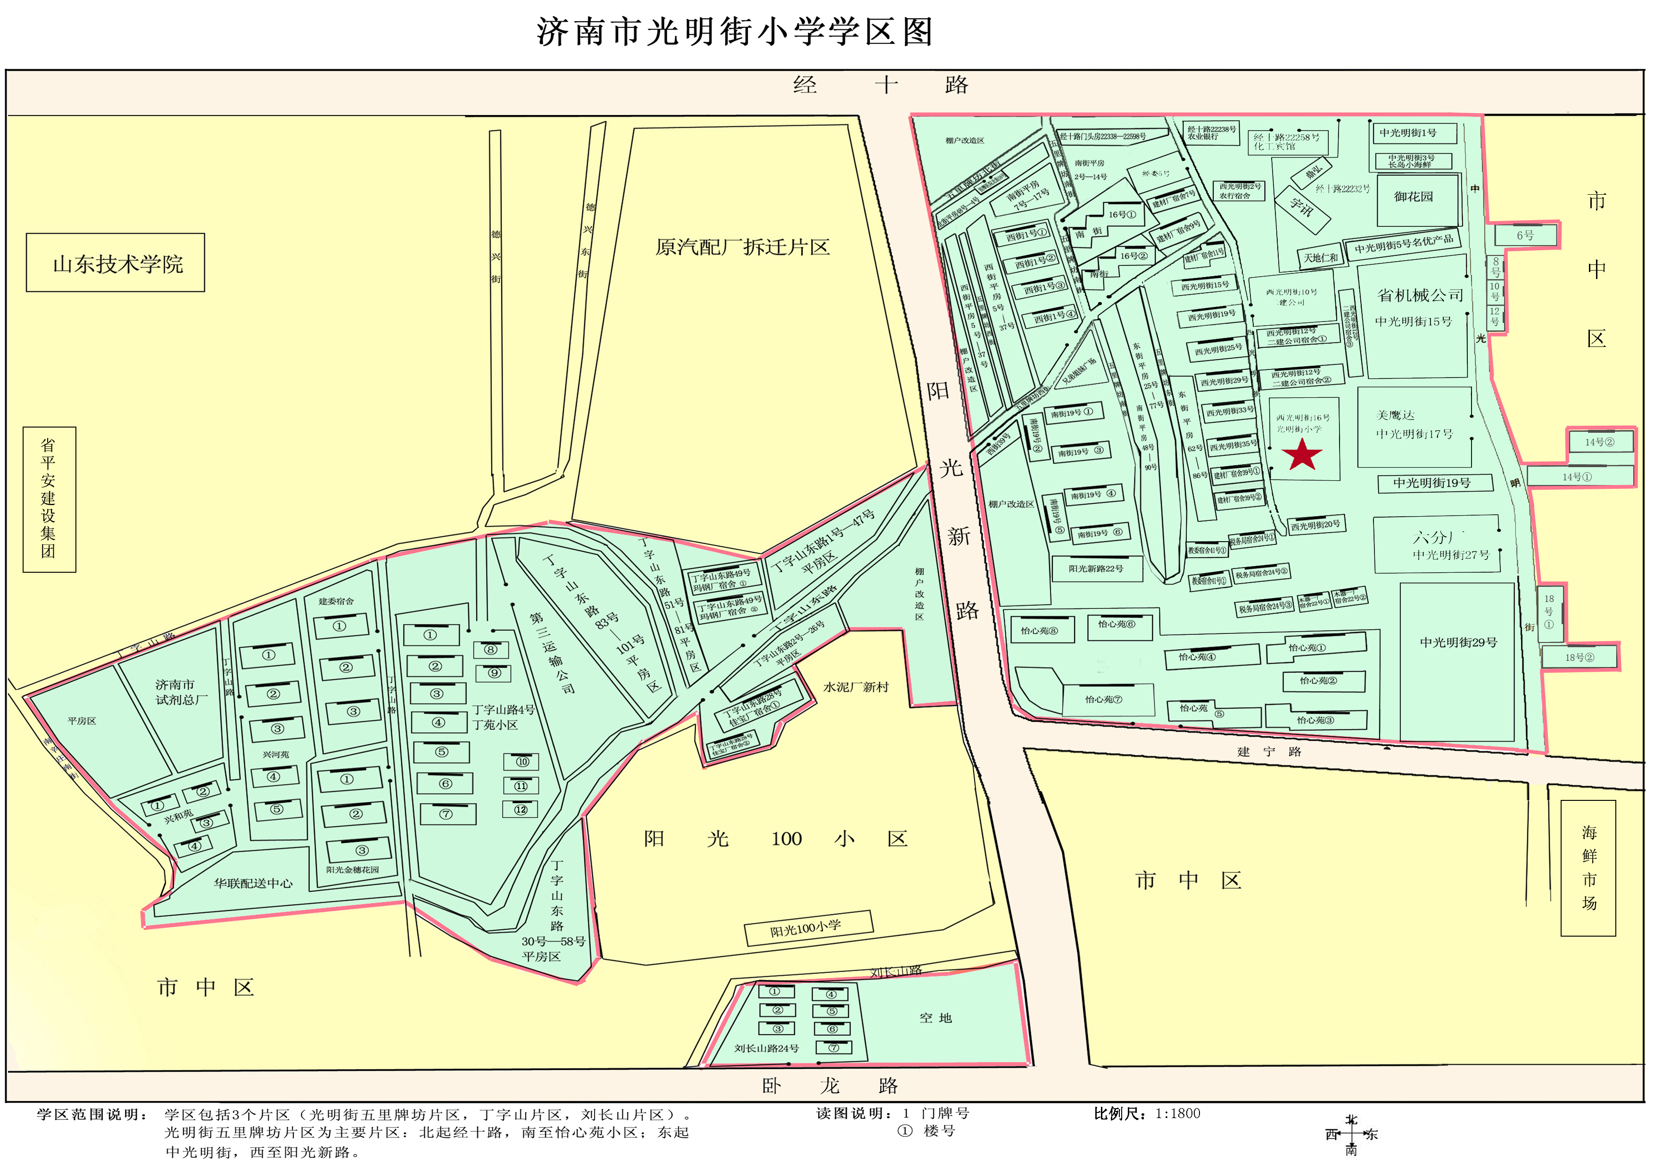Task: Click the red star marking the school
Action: pyautogui.click(x=1302, y=454)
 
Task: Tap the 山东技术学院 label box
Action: pyautogui.click(x=115, y=263)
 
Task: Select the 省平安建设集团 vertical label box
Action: pyautogui.click(x=49, y=499)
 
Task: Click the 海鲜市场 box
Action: pyautogui.click(x=1588, y=868)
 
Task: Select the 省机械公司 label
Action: pyautogui.click(x=1420, y=295)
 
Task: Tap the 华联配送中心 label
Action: pyautogui.click(x=253, y=883)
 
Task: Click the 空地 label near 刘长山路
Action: pyautogui.click(x=935, y=1018)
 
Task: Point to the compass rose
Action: pyautogui.click(x=1351, y=1135)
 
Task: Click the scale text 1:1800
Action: pyautogui.click(x=1177, y=1113)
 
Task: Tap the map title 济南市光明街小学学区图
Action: pyautogui.click(x=734, y=33)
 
